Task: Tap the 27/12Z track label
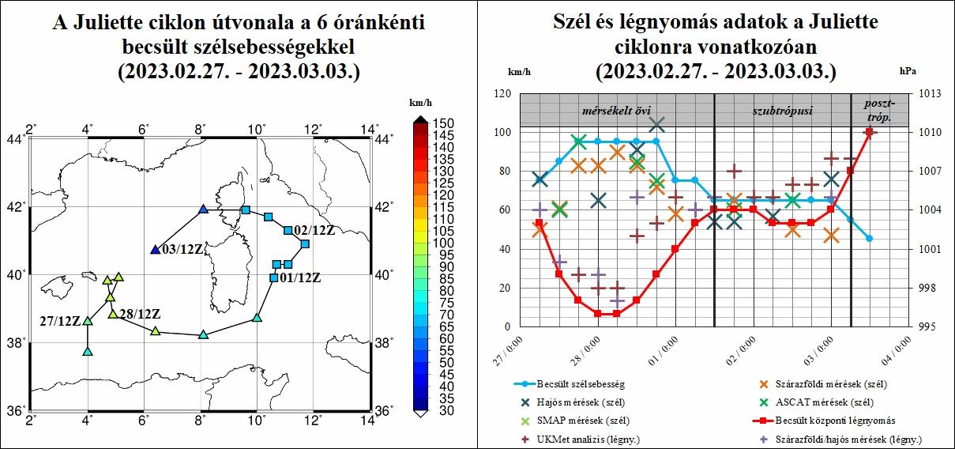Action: click(60, 320)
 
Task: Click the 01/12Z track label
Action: click(301, 277)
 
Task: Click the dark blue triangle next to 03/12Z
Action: click(155, 250)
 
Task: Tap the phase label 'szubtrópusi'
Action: click(782, 109)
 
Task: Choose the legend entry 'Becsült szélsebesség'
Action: click(581, 384)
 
